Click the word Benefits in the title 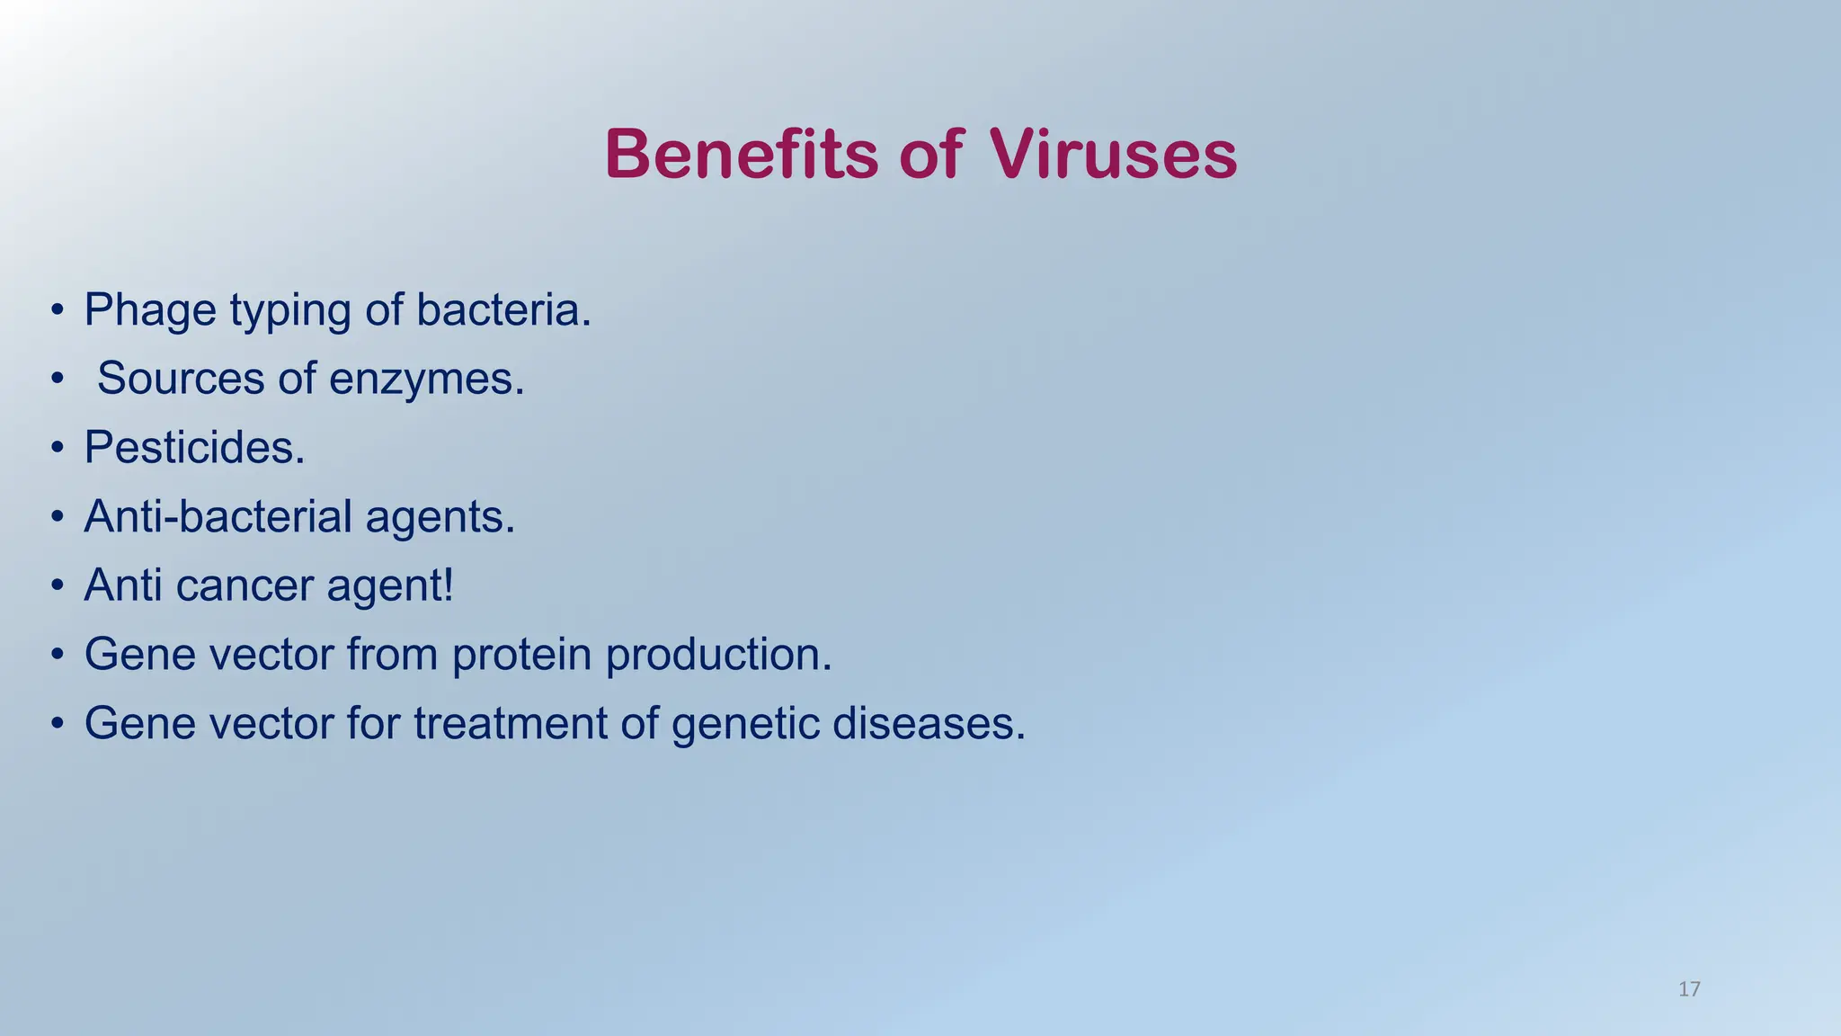click(x=741, y=155)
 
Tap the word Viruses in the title click(x=1113, y=155)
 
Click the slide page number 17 click(x=1689, y=989)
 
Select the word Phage click(x=150, y=311)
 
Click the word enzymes click(x=426, y=379)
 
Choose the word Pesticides click(x=194, y=447)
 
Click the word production click(x=718, y=655)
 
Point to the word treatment click(x=510, y=723)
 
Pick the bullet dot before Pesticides click(x=58, y=447)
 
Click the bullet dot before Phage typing click(x=58, y=310)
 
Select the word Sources click(x=181, y=379)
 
